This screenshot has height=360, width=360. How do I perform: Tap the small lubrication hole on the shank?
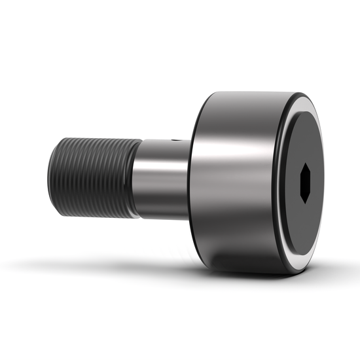pos(174,141)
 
